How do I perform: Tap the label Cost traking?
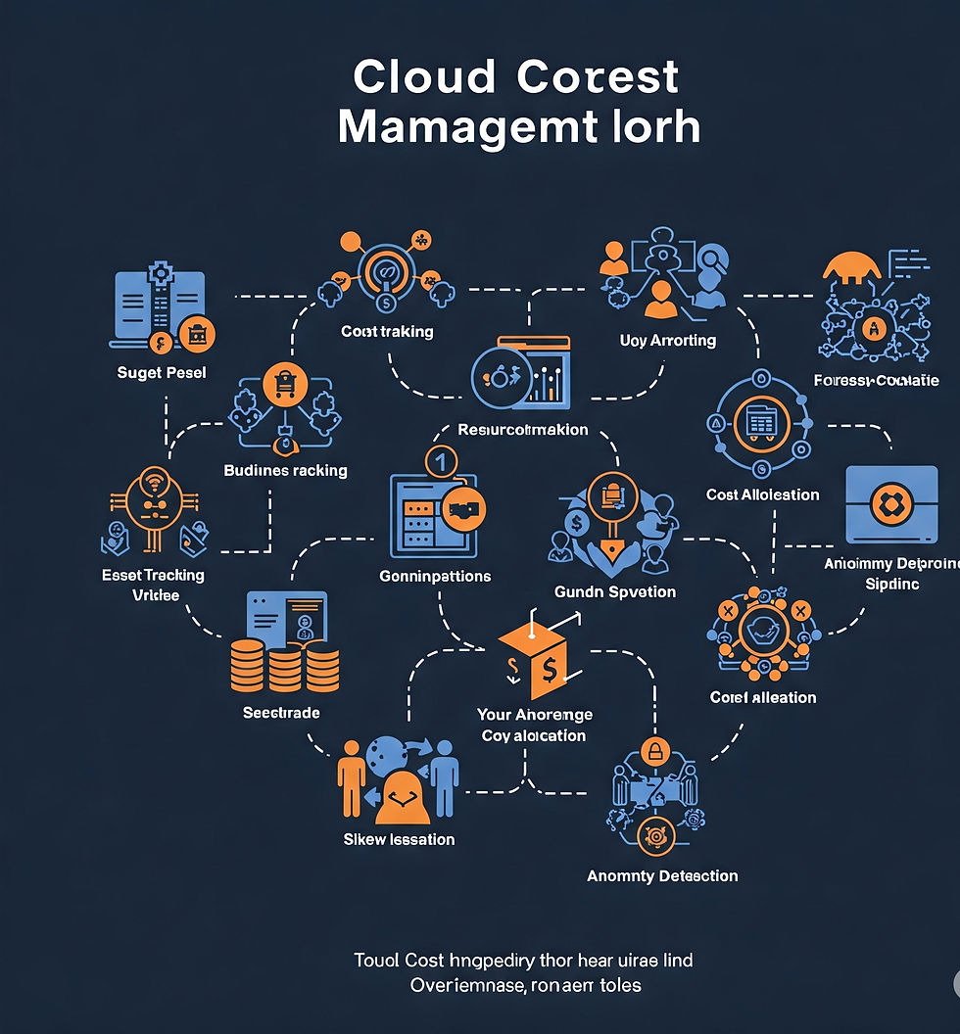coord(387,332)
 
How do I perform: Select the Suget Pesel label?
coord(162,373)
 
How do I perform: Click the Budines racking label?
coord(285,471)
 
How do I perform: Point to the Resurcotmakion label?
coord(523,430)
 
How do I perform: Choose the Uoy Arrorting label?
coord(668,341)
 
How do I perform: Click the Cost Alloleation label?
coord(762,494)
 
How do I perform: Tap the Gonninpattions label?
coord(435,577)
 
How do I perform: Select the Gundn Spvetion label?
coord(614,591)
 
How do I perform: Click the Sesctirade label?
coord(281,713)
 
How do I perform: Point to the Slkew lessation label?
coord(399,839)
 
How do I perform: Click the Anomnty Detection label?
coord(662,875)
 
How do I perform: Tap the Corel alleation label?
coord(763,697)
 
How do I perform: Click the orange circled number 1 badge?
coord(440,460)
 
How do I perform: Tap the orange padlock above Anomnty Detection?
coord(653,752)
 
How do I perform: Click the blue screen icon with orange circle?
coord(891,505)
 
